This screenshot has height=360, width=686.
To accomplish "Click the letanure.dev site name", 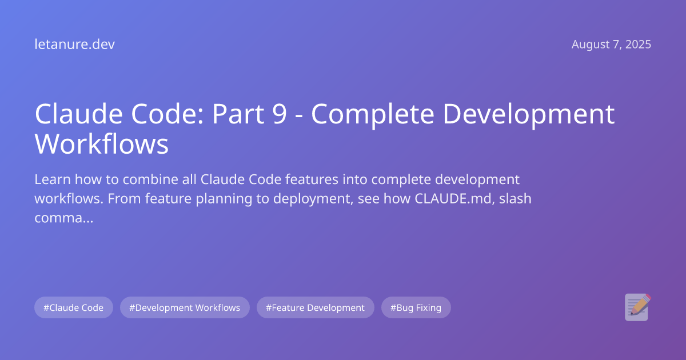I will click(74, 45).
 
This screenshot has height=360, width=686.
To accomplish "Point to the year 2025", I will click(637, 45).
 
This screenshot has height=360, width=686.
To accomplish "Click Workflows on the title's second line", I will click(102, 144).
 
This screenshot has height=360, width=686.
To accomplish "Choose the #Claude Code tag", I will click(74, 307).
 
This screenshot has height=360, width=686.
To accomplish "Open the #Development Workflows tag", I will click(185, 307).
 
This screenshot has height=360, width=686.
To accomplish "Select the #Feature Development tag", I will click(315, 307).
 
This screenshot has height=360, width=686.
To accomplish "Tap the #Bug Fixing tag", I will click(416, 307).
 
